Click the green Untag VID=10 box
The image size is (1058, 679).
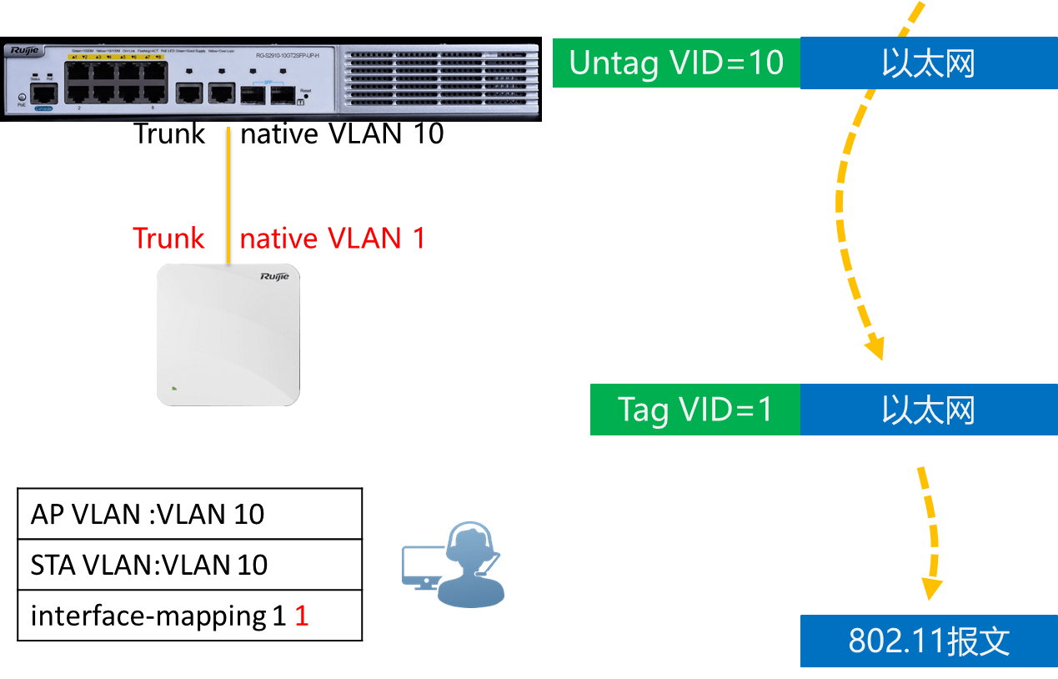click(676, 63)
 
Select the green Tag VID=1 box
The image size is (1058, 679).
click(694, 410)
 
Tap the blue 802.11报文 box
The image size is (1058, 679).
click(929, 641)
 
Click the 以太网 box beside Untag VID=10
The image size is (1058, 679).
click(928, 63)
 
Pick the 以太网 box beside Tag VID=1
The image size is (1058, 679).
click(928, 410)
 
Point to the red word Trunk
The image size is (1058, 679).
click(169, 239)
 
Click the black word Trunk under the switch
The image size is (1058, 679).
click(170, 133)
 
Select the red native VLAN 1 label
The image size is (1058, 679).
click(333, 239)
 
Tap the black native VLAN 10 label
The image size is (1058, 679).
click(342, 133)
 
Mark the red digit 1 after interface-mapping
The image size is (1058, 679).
click(302, 616)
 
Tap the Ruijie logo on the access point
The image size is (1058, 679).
click(274, 276)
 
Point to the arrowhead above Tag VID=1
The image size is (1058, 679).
click(874, 345)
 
